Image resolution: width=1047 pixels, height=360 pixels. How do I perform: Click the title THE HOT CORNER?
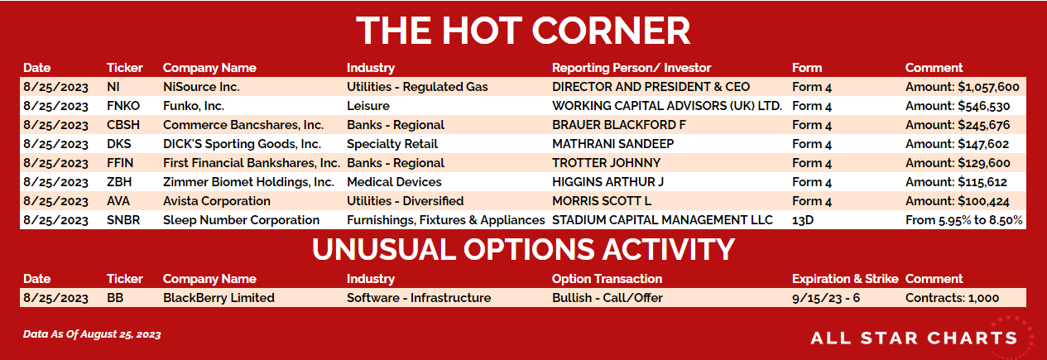523,31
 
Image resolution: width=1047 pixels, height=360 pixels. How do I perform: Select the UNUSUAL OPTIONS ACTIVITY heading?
523,249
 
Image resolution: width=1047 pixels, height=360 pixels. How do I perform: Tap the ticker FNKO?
123,106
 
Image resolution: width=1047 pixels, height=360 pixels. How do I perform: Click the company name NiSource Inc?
201,87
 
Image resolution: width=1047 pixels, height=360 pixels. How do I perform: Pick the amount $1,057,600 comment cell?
963,88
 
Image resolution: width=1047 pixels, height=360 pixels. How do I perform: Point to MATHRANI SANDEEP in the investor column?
612,144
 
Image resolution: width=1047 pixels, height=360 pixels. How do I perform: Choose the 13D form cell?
803,220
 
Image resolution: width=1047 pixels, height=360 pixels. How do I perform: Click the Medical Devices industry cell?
394,182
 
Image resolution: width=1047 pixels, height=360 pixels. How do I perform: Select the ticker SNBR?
123,220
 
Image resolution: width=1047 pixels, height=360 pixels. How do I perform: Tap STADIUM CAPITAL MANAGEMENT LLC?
662,220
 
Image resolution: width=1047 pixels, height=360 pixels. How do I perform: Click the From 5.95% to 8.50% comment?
963,221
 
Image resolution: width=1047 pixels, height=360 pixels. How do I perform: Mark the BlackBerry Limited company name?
219,298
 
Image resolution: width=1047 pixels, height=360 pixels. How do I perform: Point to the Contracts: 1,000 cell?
952,298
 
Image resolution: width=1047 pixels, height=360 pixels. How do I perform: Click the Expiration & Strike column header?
845,279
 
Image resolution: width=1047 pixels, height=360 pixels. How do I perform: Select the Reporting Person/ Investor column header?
632,68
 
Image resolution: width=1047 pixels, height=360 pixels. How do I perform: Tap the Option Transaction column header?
607,279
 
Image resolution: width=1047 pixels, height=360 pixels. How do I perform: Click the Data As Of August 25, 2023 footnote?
92,334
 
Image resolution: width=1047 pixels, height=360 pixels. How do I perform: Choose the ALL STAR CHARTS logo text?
914,338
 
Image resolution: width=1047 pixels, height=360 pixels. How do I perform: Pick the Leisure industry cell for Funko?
367,106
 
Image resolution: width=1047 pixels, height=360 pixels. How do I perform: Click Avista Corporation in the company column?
216,201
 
